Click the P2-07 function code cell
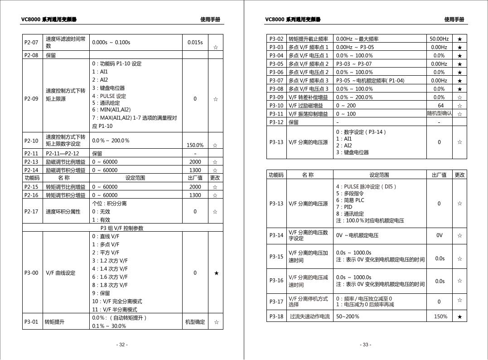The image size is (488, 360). pos(31,43)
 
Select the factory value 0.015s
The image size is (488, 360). pos(195,43)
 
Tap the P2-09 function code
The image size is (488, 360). pos(31,99)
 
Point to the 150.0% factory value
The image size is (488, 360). pos(195,146)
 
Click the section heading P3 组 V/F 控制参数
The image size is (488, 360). pos(122,228)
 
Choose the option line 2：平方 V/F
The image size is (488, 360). pos(106,253)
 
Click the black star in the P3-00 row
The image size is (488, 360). pos(216,273)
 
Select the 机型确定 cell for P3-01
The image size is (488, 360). pos(195,322)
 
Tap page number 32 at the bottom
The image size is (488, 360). pos(122,345)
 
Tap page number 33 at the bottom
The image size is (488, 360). pos(366,345)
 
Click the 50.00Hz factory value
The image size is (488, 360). pos(439,39)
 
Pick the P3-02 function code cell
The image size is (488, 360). pos(276,39)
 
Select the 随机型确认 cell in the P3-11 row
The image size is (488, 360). pos(439,113)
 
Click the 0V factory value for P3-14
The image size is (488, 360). pos(439,235)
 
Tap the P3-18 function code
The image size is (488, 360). pos(276,316)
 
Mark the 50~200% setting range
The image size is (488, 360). pos(348,316)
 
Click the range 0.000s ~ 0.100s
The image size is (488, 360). pos(111,43)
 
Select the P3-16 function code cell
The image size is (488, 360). pos(276,281)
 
